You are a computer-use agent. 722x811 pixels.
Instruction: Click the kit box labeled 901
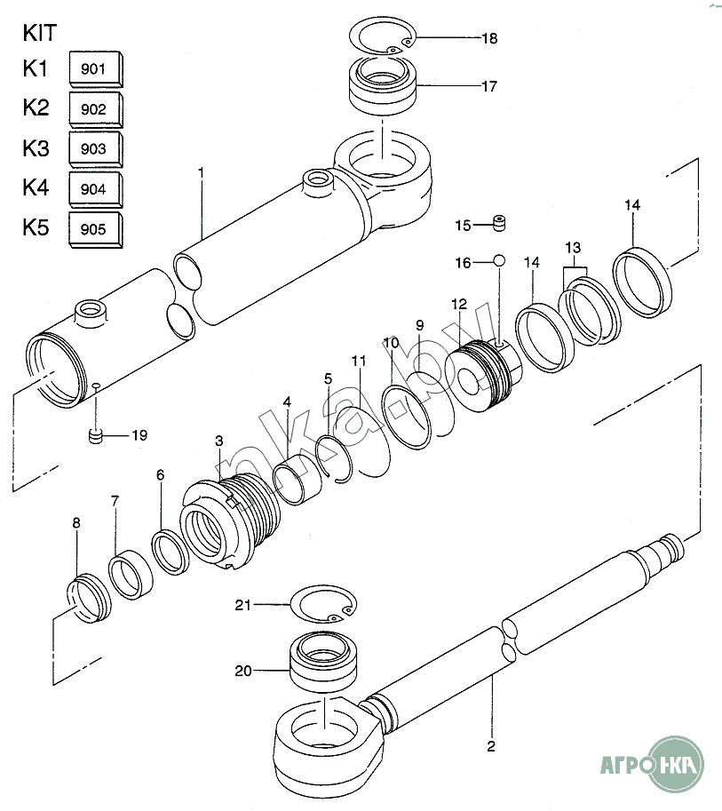pos(96,68)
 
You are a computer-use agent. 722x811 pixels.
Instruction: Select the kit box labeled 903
pos(96,149)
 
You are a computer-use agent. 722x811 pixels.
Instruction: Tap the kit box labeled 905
pos(96,230)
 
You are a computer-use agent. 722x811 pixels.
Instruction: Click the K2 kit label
pos(36,107)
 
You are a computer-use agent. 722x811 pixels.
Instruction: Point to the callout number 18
pos(489,38)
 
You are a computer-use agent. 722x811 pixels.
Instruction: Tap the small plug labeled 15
pos(499,223)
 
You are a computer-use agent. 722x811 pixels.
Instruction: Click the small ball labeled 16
pos(499,260)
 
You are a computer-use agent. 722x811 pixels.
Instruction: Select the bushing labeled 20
pos(324,661)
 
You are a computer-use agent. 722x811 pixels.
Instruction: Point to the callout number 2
pos(491,746)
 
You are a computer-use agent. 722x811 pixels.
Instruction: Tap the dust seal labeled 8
pos(89,598)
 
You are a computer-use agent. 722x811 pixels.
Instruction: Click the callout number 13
pos(573,248)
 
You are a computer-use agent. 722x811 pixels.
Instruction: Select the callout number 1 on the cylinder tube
pos(202,171)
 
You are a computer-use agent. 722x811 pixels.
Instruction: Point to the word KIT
pos(40,33)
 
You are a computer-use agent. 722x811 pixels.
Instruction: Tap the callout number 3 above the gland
pos(219,441)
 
